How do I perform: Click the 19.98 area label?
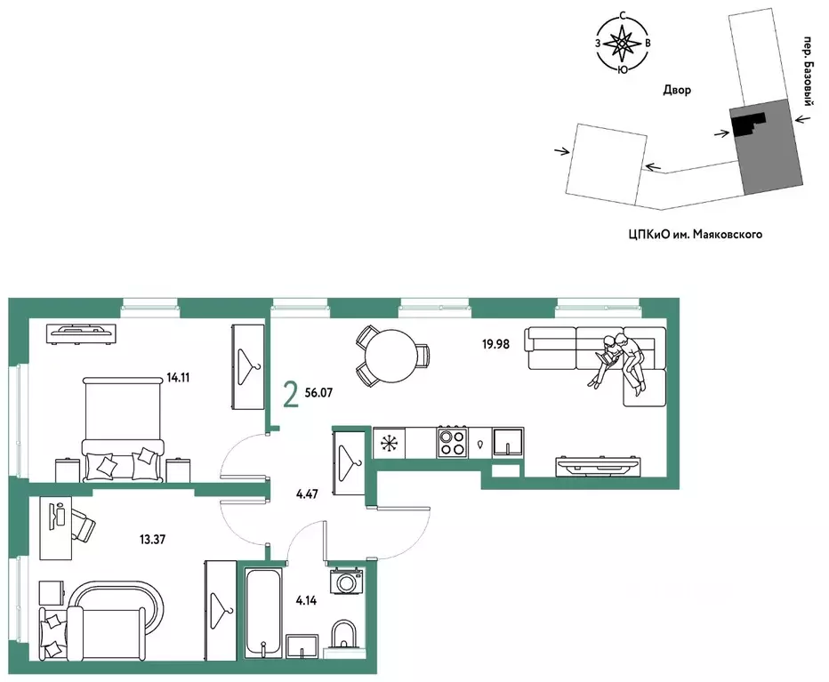[495, 344]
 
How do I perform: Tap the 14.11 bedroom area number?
[178, 378]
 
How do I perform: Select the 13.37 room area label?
[152, 539]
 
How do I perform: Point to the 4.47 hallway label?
[307, 494]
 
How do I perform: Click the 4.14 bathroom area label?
[306, 600]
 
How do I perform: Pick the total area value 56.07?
[318, 392]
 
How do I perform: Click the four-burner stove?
[452, 442]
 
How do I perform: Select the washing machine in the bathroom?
[346, 581]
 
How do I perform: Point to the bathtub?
[263, 613]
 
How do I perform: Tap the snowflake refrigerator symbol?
[389, 443]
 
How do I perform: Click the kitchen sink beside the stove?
[508, 442]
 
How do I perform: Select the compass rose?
[623, 44]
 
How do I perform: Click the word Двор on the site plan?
[677, 90]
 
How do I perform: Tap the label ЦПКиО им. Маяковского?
[696, 234]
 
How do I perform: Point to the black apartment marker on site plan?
[747, 124]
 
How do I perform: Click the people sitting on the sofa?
[620, 362]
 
